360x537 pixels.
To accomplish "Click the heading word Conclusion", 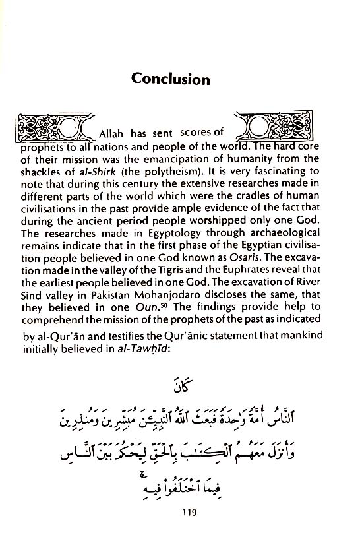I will [171, 80].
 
